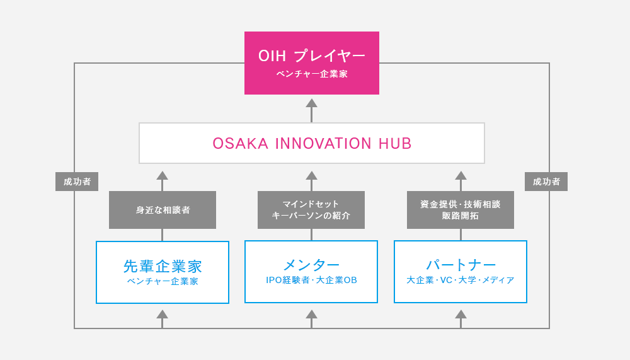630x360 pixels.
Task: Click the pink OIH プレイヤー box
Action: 312,62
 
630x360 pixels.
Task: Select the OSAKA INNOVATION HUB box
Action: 312,143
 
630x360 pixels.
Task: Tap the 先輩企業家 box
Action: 163,272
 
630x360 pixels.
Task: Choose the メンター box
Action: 311,271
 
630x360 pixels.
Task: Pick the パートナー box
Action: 461,271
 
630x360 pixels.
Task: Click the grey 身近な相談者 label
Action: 163,210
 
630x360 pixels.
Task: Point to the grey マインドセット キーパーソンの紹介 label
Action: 311,210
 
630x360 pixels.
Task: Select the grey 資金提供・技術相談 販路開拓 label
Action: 461,210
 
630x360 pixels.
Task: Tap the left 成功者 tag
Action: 77,182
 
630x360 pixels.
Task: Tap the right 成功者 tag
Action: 546,182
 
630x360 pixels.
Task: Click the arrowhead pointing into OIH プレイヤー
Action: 311,103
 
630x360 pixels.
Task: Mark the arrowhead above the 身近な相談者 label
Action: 163,175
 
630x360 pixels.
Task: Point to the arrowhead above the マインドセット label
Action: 311,175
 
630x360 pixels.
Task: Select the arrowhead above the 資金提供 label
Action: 461,175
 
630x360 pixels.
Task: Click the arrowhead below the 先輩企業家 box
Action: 163,314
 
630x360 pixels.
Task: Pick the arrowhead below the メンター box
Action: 311,314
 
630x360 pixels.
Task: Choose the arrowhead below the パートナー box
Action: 461,314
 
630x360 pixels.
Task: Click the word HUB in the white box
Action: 396,144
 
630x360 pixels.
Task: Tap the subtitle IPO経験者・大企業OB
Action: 311,280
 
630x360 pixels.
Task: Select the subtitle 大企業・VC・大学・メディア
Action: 461,280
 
